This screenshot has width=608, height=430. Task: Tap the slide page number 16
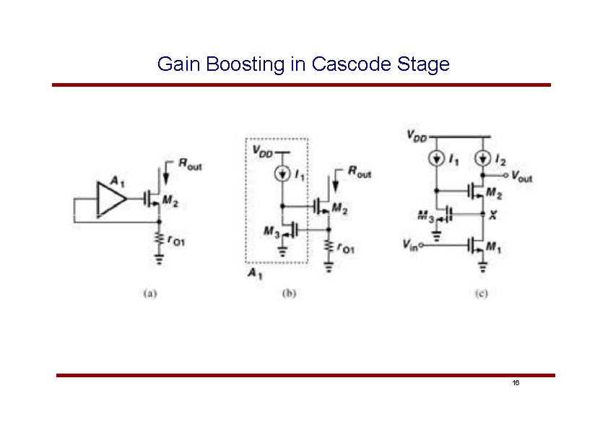(x=516, y=383)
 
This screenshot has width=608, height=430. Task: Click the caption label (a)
(x=149, y=293)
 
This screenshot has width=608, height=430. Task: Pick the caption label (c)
(x=481, y=293)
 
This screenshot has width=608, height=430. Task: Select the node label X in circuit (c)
(x=492, y=215)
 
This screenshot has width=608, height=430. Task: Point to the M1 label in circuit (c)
(x=493, y=247)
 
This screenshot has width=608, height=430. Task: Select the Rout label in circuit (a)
(x=190, y=165)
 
